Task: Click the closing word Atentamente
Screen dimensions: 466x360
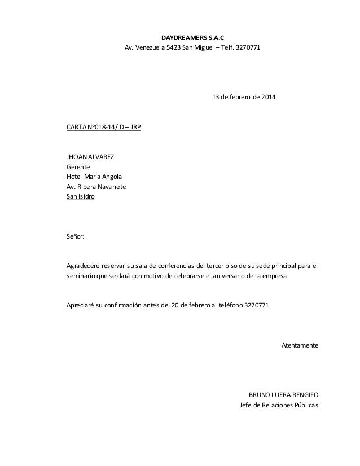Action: (300, 345)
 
